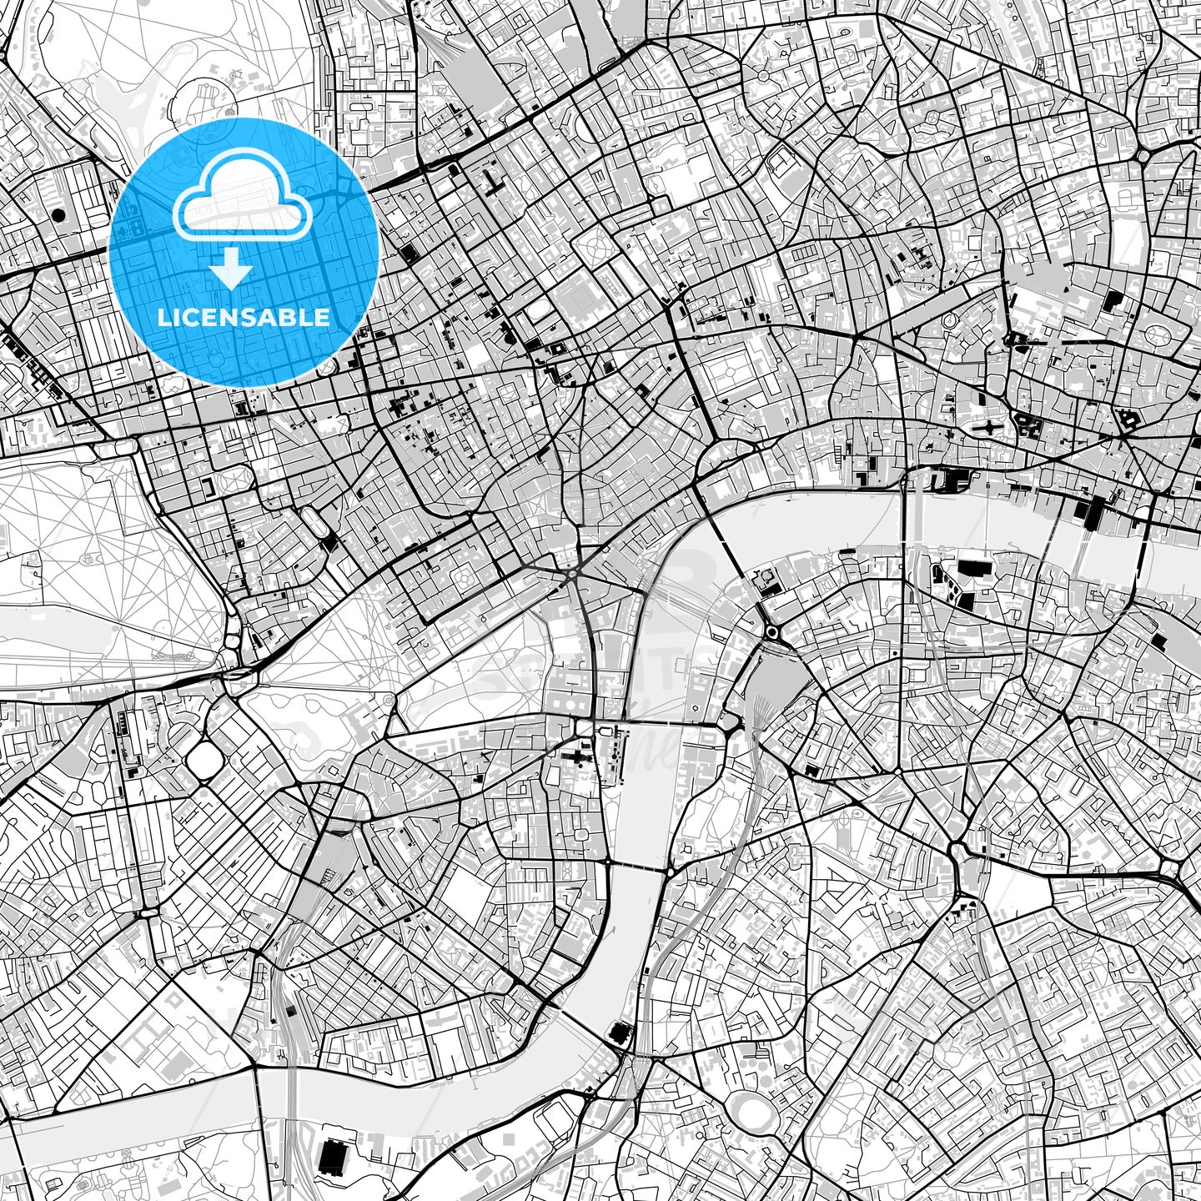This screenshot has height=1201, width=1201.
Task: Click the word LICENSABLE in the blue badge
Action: tap(244, 318)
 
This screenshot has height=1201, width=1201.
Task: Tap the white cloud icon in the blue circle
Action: tap(242, 197)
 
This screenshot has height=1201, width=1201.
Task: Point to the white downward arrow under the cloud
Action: tap(231, 269)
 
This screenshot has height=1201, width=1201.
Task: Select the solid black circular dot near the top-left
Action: tap(58, 214)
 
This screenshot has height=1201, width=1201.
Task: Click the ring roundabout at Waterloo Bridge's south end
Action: tap(771, 632)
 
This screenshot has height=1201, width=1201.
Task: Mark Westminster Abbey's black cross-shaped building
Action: tap(574, 757)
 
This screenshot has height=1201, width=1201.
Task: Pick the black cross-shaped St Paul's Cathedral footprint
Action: tap(990, 428)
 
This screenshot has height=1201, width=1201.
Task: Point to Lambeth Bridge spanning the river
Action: tap(638, 868)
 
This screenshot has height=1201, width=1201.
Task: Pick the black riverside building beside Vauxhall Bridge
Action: tap(621, 1034)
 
